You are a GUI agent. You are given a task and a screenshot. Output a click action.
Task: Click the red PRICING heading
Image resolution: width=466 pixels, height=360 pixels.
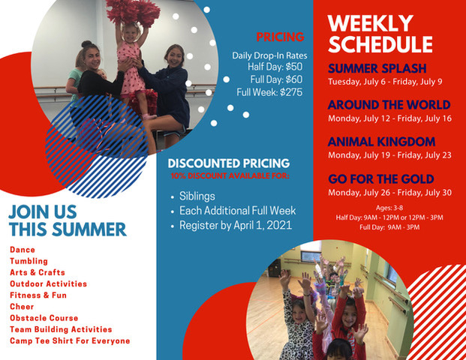[x=280, y=37]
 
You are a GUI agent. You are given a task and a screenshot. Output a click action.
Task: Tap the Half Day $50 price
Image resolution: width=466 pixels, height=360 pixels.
[x=275, y=67]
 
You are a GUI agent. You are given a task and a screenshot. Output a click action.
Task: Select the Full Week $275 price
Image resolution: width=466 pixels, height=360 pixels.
[x=269, y=92]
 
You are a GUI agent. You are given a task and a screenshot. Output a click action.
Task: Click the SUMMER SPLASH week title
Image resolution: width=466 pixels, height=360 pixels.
[x=377, y=68]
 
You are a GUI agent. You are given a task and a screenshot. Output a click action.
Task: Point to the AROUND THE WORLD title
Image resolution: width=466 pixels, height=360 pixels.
[x=389, y=105]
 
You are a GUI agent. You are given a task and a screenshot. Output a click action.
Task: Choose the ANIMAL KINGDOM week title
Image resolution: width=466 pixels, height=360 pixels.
[x=382, y=142]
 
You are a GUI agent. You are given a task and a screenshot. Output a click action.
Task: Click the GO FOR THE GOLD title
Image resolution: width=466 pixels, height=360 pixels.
[x=381, y=179]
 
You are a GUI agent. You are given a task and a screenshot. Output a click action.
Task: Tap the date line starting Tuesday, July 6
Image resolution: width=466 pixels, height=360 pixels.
[x=385, y=82]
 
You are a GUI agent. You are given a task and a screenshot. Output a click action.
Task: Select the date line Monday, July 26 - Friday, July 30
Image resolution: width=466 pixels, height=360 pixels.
[x=389, y=193]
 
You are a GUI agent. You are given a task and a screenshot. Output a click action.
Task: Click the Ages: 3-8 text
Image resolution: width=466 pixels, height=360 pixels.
[x=389, y=208]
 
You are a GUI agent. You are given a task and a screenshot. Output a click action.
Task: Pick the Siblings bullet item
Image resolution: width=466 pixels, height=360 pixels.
[x=197, y=196]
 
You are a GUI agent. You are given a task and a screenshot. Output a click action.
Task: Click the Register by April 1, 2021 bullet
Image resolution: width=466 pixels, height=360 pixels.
[x=236, y=225]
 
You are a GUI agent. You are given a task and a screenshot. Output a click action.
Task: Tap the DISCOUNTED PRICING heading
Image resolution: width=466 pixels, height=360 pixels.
[x=229, y=163]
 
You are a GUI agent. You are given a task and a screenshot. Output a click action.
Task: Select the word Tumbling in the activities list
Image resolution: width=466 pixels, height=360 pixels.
[x=29, y=261]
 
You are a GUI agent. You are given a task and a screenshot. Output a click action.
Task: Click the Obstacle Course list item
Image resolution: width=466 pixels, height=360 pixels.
[x=44, y=318]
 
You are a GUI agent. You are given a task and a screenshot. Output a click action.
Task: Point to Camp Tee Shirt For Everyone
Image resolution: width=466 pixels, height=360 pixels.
[x=70, y=340]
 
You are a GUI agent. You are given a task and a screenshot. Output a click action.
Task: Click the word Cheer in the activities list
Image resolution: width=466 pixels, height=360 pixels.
[x=22, y=307]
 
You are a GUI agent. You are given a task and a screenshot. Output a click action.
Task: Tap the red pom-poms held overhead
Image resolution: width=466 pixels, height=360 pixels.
[x=133, y=12]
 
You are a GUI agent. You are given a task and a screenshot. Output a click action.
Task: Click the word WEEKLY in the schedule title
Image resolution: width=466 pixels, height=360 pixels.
[x=370, y=23]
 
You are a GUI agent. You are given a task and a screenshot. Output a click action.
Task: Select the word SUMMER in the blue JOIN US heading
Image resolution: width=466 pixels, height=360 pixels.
[x=89, y=229]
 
